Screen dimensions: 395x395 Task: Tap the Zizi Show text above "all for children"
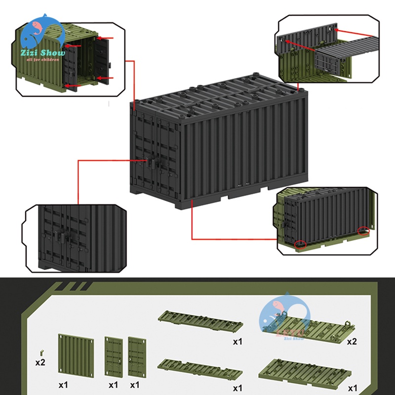(42, 53)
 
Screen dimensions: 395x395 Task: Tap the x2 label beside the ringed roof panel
(352, 341)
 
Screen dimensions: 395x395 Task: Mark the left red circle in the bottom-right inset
(299, 244)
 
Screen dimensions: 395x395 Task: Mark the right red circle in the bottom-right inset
(364, 231)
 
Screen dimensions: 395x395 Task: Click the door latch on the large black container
(151, 162)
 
